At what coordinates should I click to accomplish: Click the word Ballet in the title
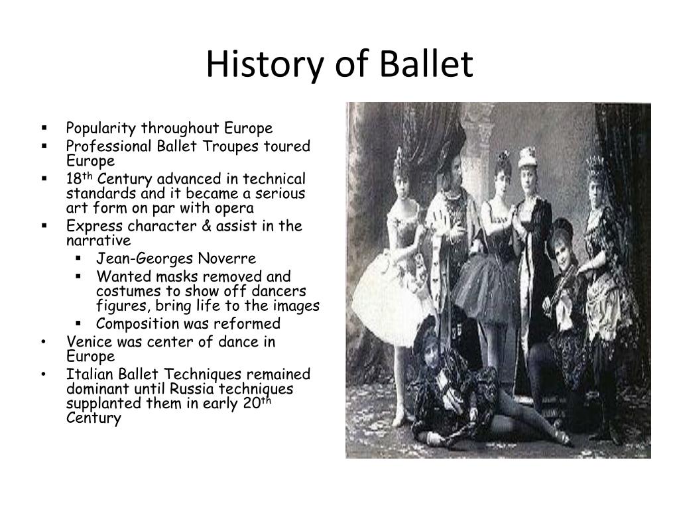[426, 64]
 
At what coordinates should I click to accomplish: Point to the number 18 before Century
[74, 179]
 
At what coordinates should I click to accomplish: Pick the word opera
[235, 209]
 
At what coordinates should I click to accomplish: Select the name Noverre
[227, 259]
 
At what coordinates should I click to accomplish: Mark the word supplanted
[104, 404]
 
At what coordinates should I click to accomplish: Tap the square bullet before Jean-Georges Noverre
[78, 258]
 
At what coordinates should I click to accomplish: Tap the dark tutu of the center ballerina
[487, 284]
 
